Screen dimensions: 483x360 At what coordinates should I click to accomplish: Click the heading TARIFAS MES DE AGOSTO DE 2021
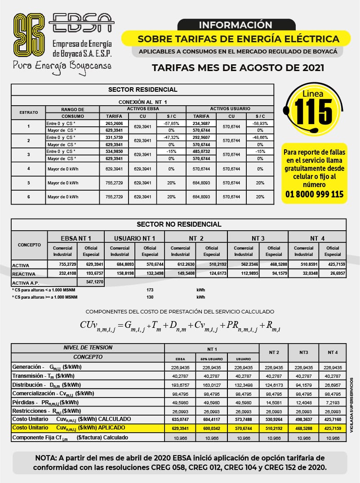[238, 68]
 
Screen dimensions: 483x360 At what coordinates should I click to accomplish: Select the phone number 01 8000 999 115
[314, 194]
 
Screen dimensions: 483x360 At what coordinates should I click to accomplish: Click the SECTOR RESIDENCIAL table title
[142, 89]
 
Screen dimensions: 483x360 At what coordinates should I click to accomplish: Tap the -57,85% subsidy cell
[171, 123]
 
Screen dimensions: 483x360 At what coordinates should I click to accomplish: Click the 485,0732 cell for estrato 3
[201, 152]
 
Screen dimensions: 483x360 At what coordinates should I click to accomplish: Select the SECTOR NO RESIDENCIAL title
[178, 224]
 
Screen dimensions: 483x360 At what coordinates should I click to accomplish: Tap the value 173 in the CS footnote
[150, 290]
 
